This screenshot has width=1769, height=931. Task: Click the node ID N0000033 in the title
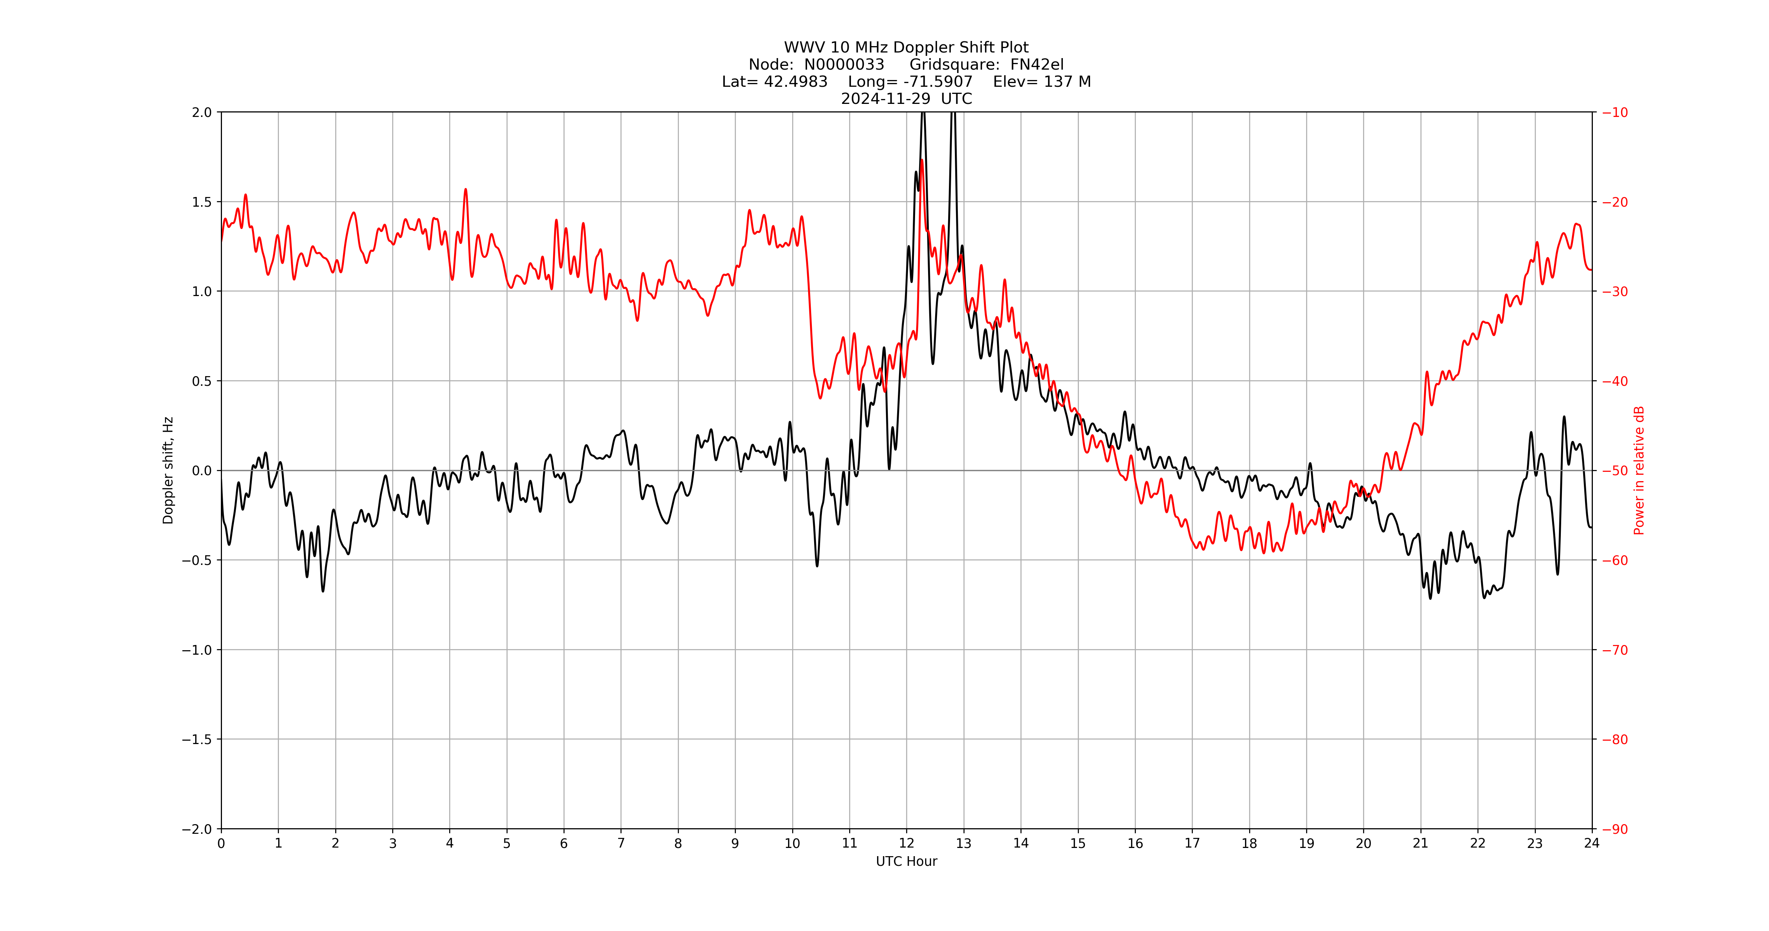(844, 64)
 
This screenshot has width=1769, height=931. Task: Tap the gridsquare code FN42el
(1036, 64)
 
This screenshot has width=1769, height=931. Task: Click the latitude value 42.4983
(795, 82)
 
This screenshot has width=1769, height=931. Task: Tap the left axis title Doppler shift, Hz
(168, 470)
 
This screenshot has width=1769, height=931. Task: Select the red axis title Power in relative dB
(1639, 470)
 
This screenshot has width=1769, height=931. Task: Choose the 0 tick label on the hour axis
(221, 844)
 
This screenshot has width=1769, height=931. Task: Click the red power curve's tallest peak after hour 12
(922, 161)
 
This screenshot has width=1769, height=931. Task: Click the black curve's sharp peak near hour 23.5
(1565, 417)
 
